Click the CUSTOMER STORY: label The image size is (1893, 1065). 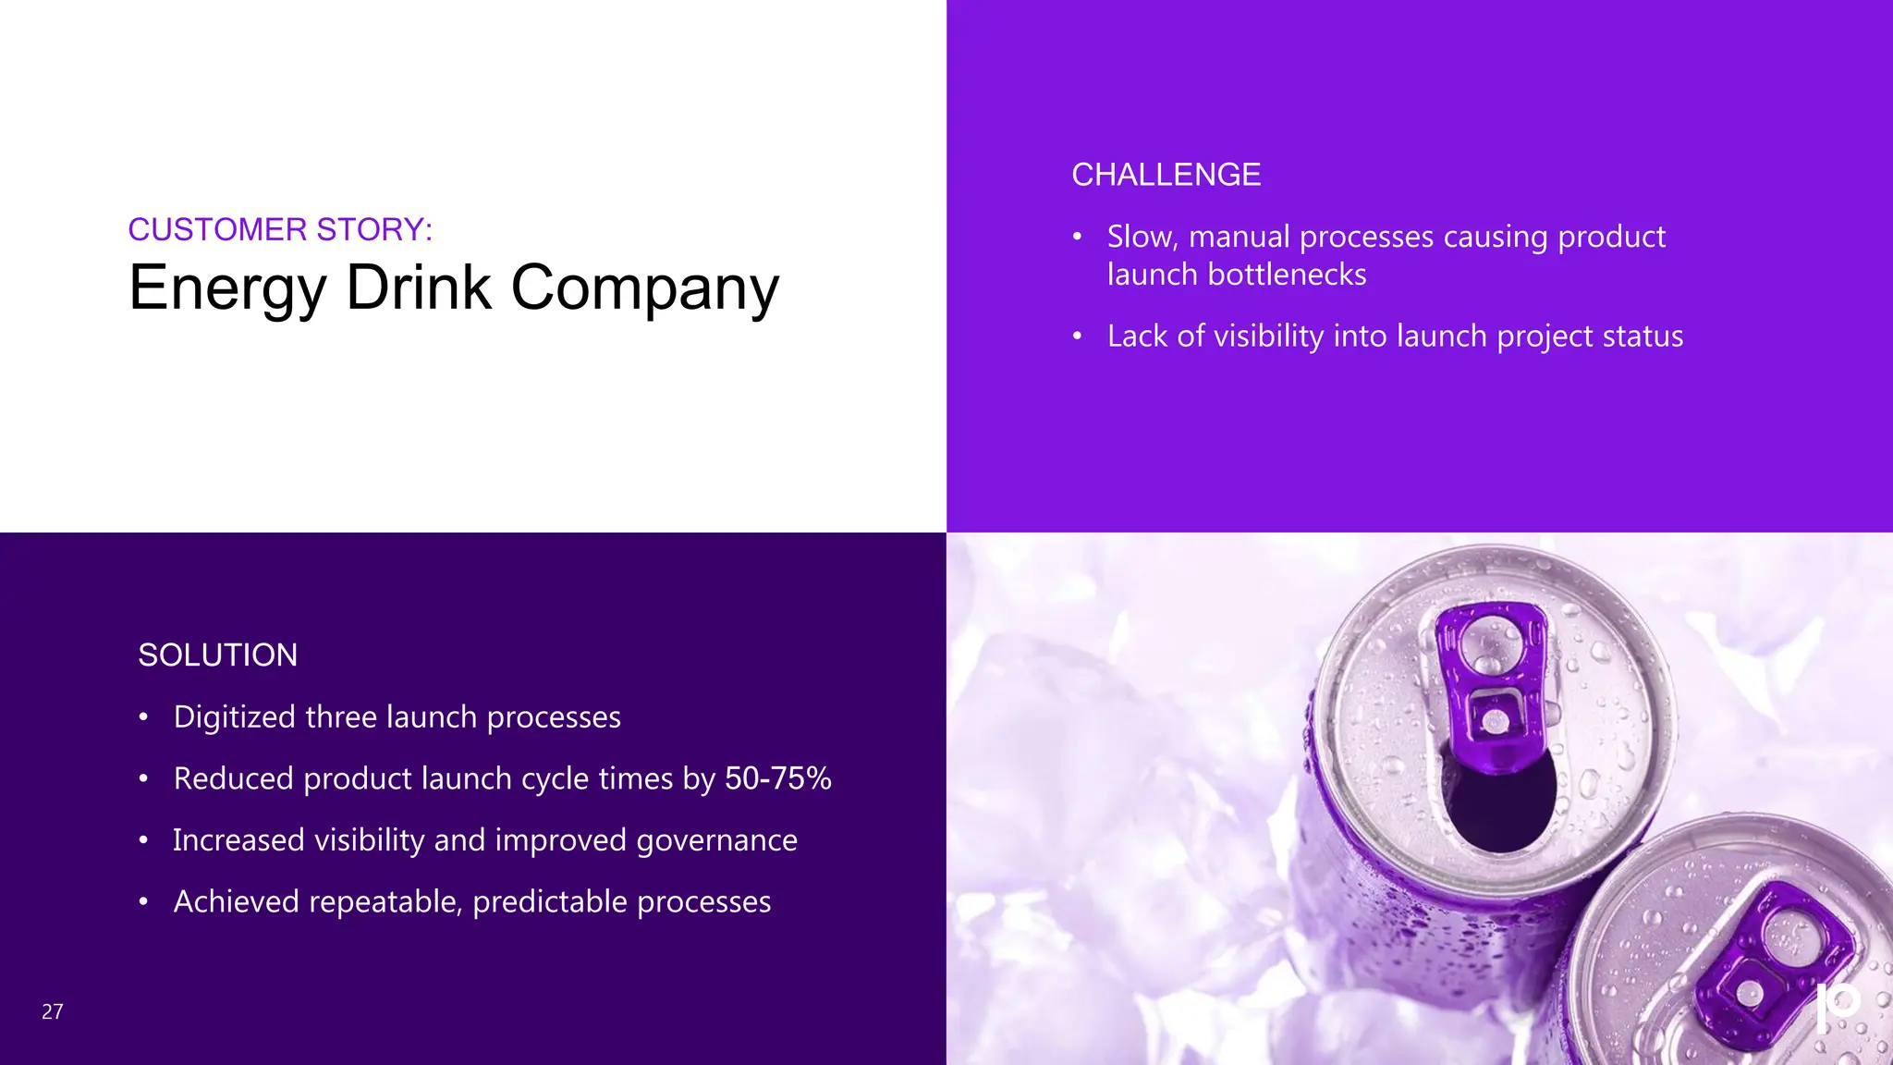pos(280,229)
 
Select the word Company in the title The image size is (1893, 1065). pos(644,288)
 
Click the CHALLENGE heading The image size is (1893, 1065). pos(1166,175)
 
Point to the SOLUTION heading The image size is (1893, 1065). pos(218,655)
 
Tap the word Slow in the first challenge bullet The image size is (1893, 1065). pos(1141,237)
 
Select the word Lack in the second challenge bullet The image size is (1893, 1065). pos(1137,336)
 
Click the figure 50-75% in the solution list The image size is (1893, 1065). pos(777,778)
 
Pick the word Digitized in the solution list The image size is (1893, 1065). pos(233,717)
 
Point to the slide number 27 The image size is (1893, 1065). pos(53,1011)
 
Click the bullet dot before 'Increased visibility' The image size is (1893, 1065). pos(143,840)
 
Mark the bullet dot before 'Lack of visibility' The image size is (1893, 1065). pos(1077,336)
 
